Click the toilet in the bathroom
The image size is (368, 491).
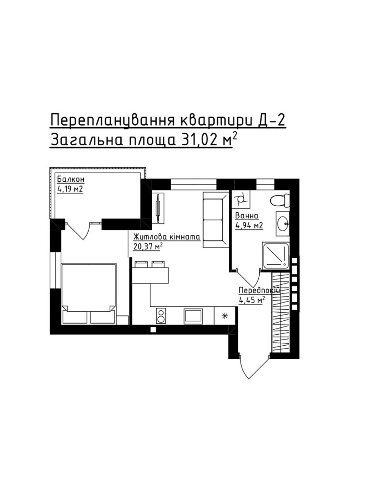[280, 200]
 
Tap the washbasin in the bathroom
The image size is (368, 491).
[283, 223]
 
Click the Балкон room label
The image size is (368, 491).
[71, 179]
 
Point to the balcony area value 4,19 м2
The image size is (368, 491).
[70, 189]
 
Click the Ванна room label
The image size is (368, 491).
[247, 216]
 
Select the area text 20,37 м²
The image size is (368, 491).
[148, 247]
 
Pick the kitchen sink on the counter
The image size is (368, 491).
[193, 316]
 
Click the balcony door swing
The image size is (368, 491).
[79, 230]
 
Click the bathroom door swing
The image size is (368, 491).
[248, 278]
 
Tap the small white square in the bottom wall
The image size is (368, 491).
[153, 329]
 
